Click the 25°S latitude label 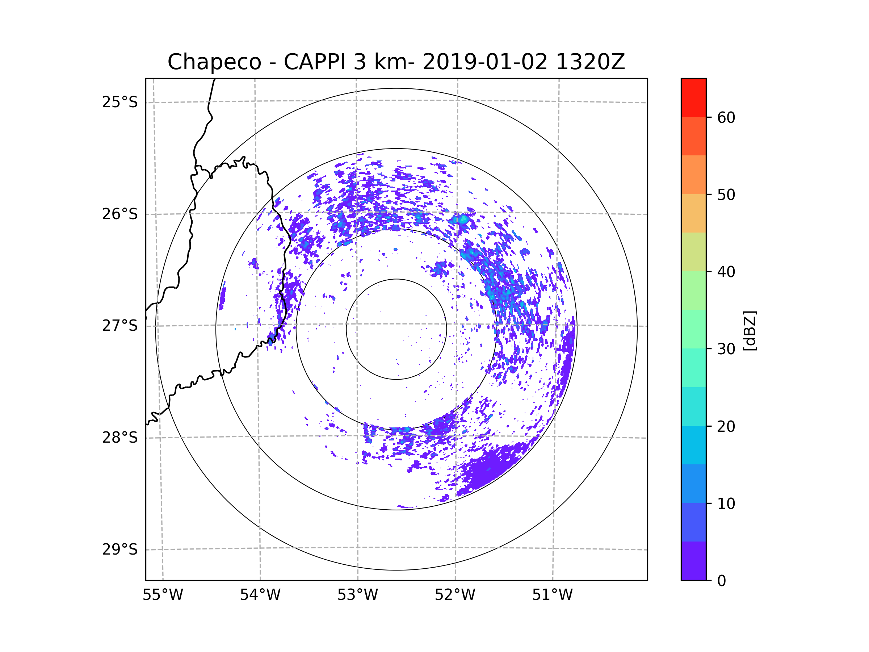(120, 102)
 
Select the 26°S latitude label (120, 214)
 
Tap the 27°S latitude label (120, 326)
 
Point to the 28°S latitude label (120, 438)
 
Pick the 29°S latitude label (120, 549)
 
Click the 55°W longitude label (163, 595)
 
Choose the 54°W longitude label (260, 595)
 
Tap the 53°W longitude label (357, 595)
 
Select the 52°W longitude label (455, 595)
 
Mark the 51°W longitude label (552, 595)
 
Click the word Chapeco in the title (214, 62)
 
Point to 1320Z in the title (590, 62)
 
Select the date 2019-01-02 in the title (485, 62)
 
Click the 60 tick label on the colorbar (726, 117)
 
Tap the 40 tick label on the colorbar (726, 272)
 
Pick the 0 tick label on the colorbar (722, 581)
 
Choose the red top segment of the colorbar (693, 97)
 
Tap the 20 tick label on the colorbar (726, 426)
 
